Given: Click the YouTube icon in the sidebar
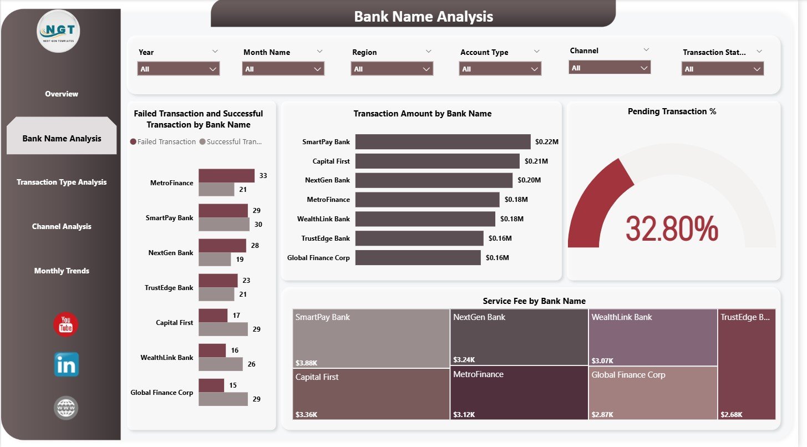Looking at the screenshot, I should coord(65,324).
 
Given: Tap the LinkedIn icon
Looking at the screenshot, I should coord(66,365).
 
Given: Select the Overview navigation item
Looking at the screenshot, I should coord(62,94).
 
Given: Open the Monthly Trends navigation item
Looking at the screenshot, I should coord(62,271).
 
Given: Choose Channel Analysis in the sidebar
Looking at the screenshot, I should coord(62,226).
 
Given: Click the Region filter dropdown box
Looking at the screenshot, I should coord(392,69).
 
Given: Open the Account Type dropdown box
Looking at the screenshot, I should coord(500,69).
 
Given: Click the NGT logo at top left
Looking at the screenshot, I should coord(59,32).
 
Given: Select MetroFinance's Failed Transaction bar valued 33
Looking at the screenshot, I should coord(226,176).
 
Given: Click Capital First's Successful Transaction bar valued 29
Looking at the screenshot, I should coord(223,329).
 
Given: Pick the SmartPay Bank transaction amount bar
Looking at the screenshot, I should coord(443,142).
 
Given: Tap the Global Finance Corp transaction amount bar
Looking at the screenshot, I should coord(418,257).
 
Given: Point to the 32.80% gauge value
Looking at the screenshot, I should coord(672,228).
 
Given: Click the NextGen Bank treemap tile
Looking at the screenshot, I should coord(519,337).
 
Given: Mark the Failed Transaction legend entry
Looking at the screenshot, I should coord(163,141).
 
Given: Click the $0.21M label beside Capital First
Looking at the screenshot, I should coord(536,161).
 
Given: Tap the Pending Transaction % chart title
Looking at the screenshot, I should coord(672,111).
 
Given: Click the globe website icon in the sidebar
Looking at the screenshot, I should coord(66,409).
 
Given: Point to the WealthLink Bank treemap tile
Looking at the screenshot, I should coord(652,337).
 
